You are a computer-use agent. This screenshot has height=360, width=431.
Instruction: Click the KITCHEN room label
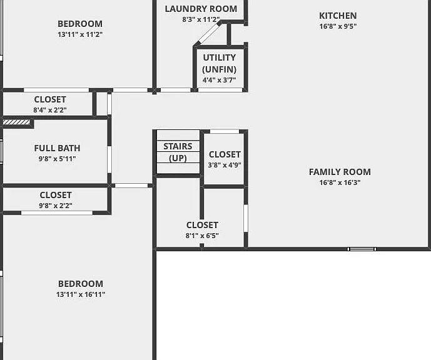point(338,16)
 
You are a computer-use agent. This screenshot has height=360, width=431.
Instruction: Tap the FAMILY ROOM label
point(340,172)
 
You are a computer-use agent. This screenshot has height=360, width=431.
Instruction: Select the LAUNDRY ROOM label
point(201,9)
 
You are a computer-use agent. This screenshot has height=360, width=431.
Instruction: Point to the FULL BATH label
point(57,148)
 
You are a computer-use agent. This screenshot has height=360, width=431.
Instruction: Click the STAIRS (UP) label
point(178,152)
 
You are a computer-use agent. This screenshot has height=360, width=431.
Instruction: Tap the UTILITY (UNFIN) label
point(220,63)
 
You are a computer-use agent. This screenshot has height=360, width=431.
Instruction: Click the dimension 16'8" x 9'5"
point(338,26)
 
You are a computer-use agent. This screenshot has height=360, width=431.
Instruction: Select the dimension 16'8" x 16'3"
point(340,182)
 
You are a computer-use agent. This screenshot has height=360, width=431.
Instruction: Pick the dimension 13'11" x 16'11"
point(81,294)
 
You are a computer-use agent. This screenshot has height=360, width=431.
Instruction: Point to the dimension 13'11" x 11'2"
point(80,34)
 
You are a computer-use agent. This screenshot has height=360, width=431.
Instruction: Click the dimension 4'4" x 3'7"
point(220,80)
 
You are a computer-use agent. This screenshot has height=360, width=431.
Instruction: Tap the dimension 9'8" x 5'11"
point(57,159)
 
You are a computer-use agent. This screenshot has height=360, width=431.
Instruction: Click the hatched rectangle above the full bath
point(16,122)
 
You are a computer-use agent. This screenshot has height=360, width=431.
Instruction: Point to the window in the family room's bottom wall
point(362,249)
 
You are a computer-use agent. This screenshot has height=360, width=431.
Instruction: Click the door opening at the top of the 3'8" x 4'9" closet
point(225,131)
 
